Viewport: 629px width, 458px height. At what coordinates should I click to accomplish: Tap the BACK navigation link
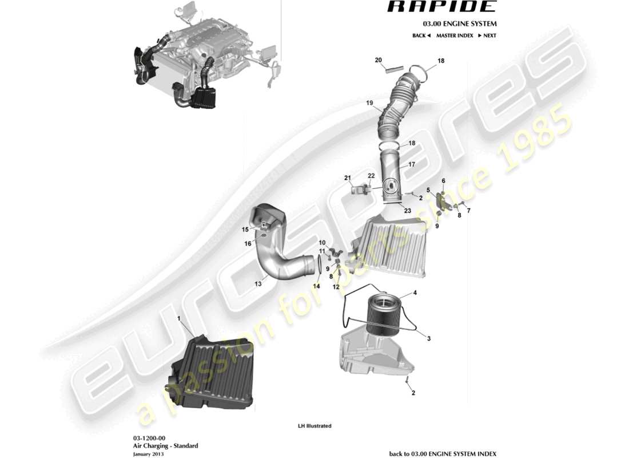pos(421,35)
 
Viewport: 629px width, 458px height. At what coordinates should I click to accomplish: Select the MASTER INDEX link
pos(455,35)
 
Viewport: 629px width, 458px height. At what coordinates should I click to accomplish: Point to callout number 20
pos(378,60)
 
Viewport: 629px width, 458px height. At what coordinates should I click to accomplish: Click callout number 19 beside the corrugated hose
pos(369,103)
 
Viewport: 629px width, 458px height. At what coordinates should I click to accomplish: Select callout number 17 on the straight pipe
pos(411,164)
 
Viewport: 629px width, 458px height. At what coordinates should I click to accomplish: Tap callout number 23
pos(407,211)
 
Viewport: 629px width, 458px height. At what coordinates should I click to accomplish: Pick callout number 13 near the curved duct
pos(258,282)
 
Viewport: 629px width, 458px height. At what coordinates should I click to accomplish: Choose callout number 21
pos(347,178)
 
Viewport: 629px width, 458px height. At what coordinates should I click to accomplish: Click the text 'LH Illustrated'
pos(314,426)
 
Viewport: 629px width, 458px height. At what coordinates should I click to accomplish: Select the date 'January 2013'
pos(149,453)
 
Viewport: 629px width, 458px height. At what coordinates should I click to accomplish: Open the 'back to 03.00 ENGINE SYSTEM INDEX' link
pos(443,453)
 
